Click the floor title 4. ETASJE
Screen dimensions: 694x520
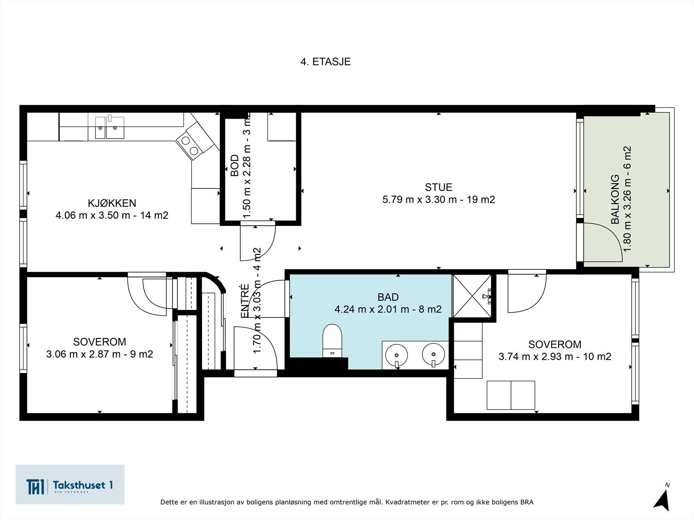(x=325, y=62)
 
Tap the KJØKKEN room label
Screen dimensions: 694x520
(x=112, y=203)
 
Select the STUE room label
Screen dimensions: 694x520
(x=439, y=187)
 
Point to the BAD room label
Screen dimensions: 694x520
(x=388, y=297)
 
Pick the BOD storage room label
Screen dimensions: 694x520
(x=235, y=165)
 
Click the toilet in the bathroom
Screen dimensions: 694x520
(x=332, y=341)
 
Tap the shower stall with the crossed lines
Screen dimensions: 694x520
(x=472, y=296)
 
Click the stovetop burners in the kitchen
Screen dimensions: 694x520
(x=190, y=145)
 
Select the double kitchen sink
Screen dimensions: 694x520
(x=110, y=127)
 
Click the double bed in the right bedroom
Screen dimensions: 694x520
(x=511, y=395)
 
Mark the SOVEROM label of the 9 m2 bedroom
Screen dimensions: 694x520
(x=100, y=341)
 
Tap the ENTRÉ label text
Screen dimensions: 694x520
(x=245, y=301)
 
